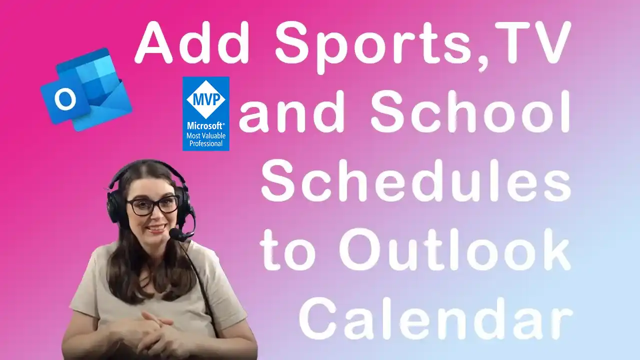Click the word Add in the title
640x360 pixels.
click(192, 42)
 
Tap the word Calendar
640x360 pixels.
click(435, 318)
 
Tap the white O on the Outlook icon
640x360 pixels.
click(65, 99)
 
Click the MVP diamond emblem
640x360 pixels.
click(205, 99)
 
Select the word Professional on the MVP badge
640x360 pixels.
click(205, 143)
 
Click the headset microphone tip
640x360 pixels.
click(175, 234)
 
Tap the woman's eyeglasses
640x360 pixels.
click(152, 205)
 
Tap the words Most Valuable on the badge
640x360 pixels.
click(205, 135)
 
